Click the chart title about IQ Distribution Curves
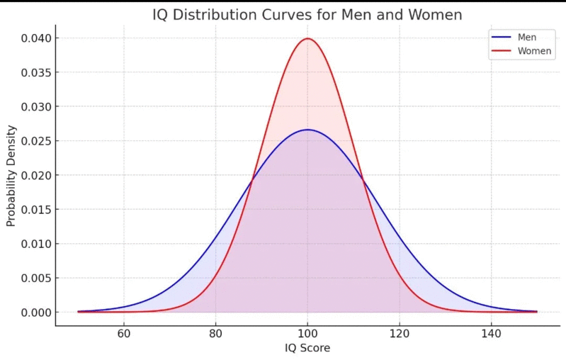click(307, 15)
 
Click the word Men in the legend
click(527, 37)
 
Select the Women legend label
click(535, 51)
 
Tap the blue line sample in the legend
click(502, 37)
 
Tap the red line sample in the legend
click(502, 51)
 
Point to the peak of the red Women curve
click(307, 38)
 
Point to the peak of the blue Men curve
click(307, 130)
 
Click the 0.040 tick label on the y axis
click(35, 38)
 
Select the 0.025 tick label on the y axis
click(35, 141)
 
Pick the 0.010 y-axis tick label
click(35, 244)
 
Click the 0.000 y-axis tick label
click(35, 313)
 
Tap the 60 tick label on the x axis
click(124, 334)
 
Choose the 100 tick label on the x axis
click(307, 334)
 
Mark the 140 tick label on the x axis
click(492, 334)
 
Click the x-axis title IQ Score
click(307, 348)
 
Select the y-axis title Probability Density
click(11, 176)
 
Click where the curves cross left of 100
click(251, 179)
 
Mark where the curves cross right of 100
click(363, 179)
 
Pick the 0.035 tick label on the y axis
click(35, 72)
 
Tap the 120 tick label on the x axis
click(400, 334)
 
